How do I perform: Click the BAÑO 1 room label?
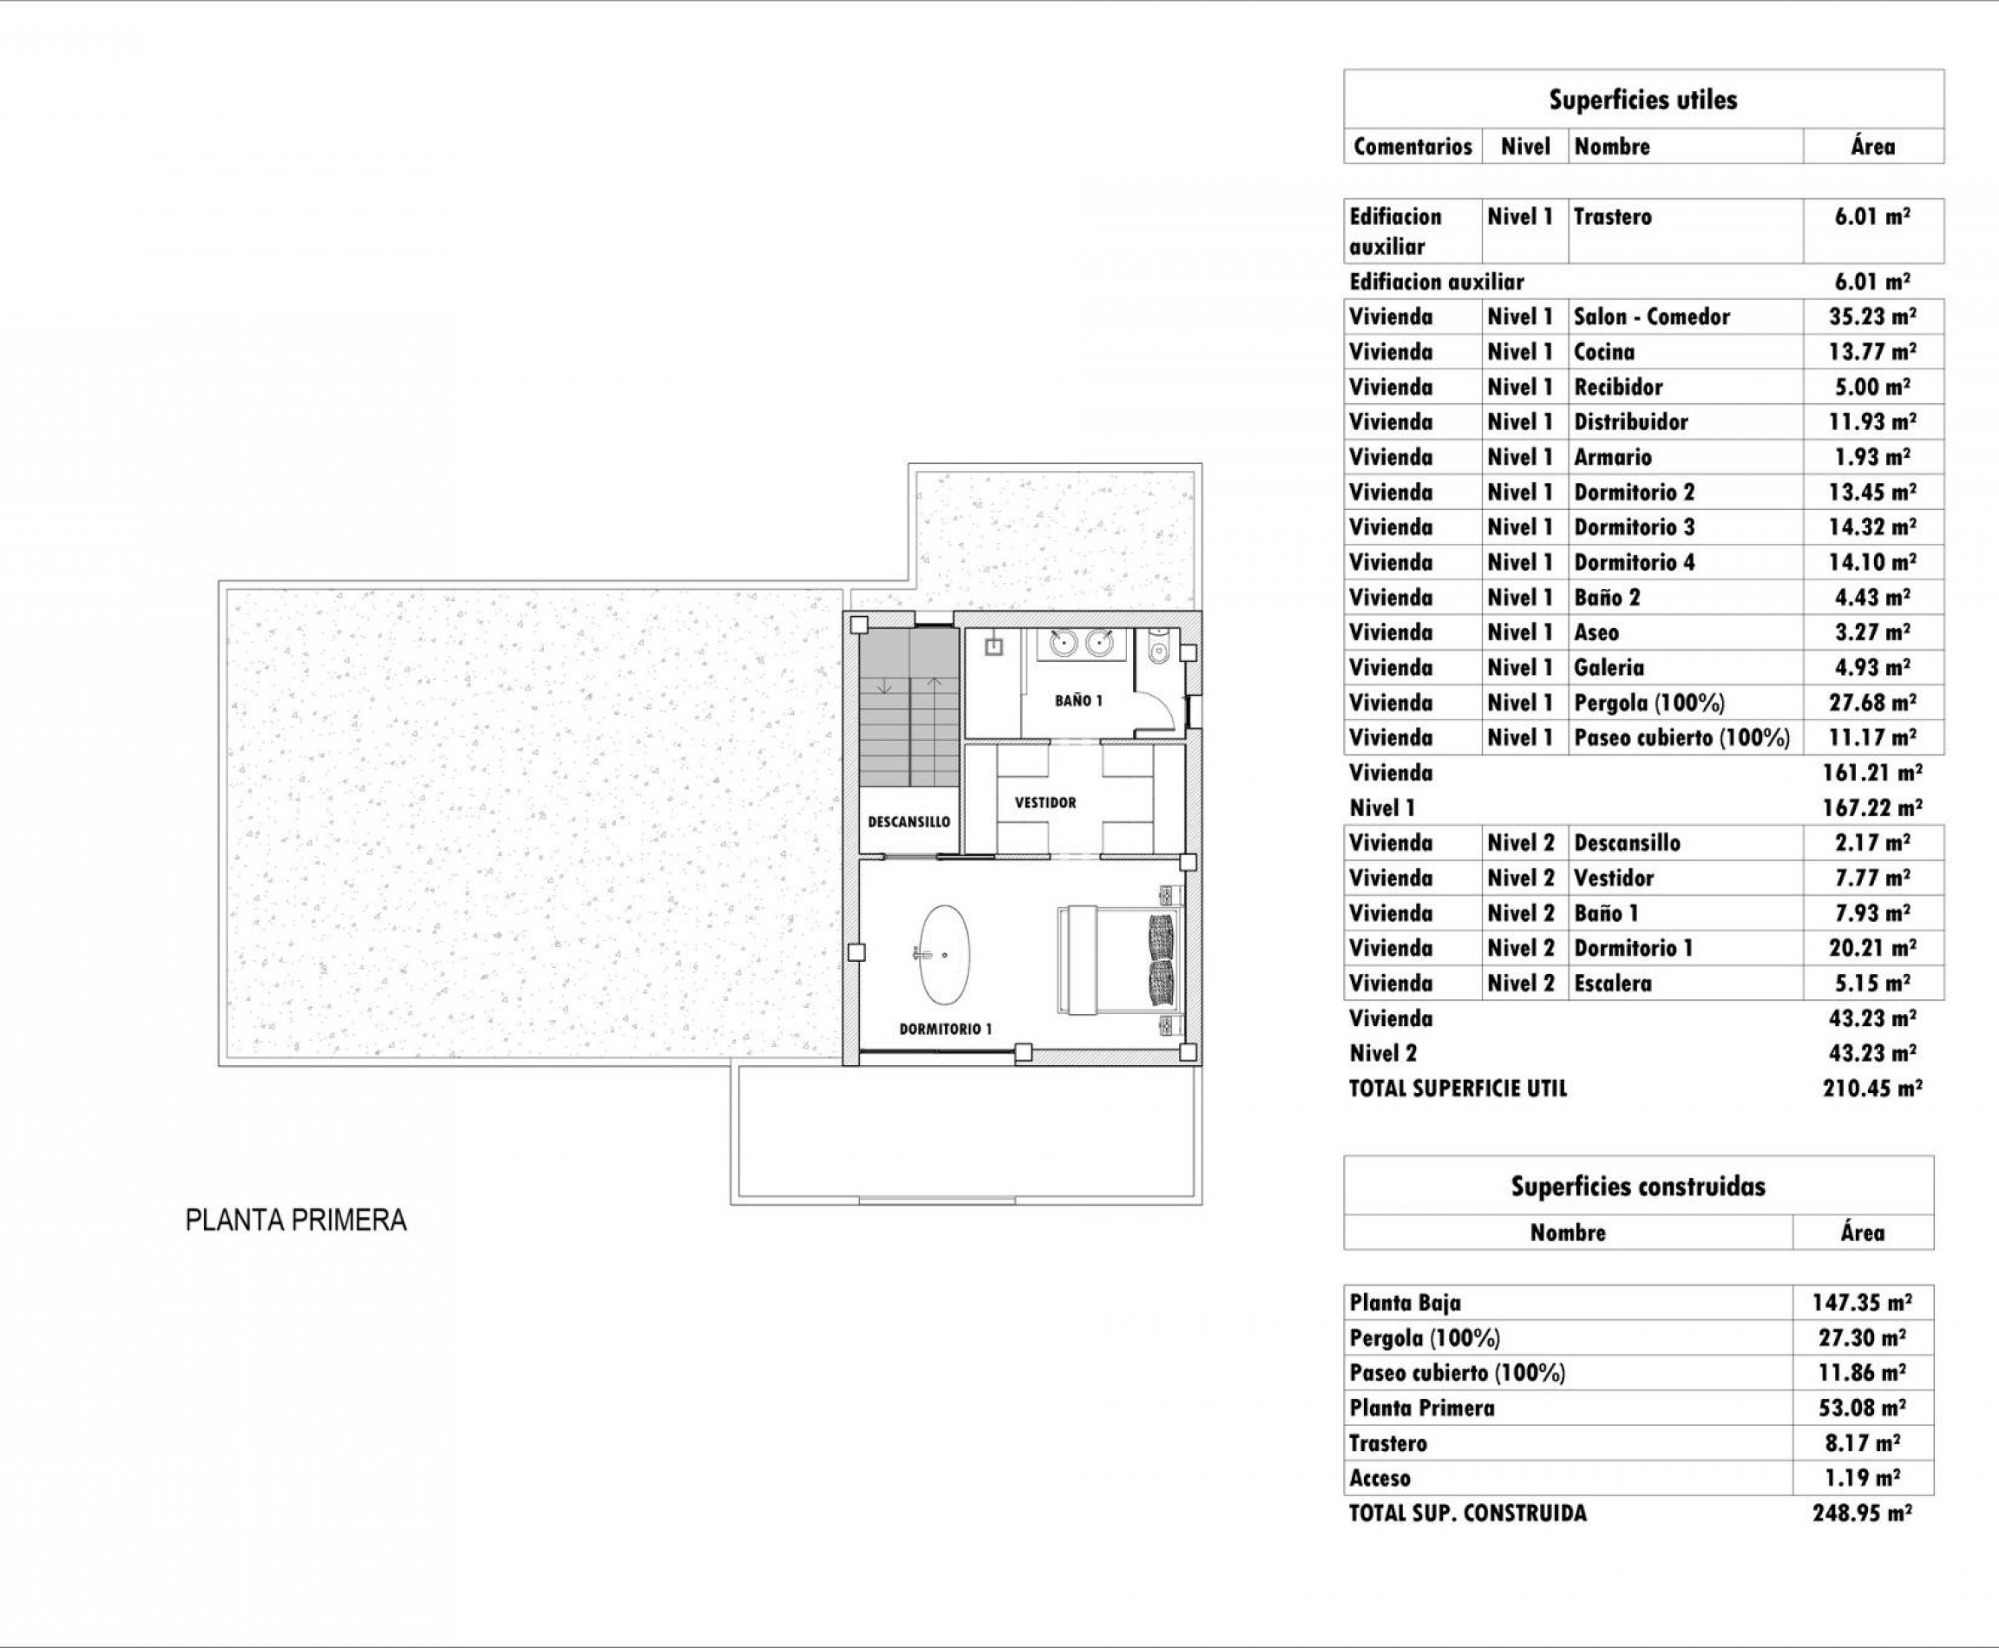coord(1078,701)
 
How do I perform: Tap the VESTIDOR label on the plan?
coord(1045,802)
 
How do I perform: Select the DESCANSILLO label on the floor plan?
coord(908,822)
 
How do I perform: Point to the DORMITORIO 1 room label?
coord(946,1029)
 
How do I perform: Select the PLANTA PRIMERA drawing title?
coord(296,1220)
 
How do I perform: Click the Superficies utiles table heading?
coord(1643,100)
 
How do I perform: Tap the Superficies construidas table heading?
coord(1638,1187)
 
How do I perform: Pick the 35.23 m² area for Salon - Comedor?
coord(1871,317)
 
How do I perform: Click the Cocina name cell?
coord(1604,352)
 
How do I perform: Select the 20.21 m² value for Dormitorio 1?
coord(1871,948)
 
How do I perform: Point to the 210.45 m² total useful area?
coord(1871,1089)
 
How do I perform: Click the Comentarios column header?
coord(1412,147)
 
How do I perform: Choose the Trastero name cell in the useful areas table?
coord(1613,218)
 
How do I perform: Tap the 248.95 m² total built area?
coord(1861,1514)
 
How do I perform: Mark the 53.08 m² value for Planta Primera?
coord(1861,1408)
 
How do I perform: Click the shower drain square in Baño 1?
coord(993,647)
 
